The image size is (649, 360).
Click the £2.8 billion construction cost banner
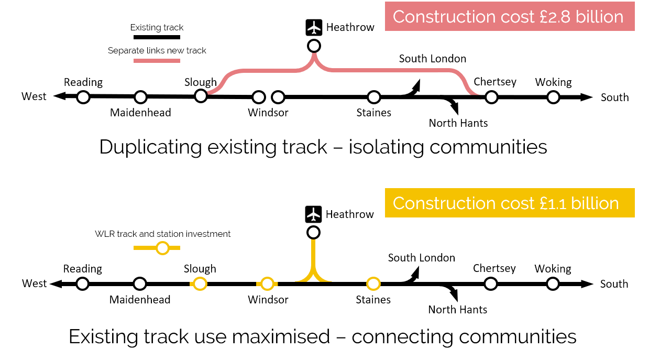[x=509, y=16]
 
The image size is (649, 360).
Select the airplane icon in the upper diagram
[x=314, y=27]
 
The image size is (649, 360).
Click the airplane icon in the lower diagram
[x=313, y=214]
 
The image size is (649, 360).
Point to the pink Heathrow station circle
[x=314, y=46]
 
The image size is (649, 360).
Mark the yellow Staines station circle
[x=373, y=283]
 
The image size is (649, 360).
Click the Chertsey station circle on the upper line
[x=491, y=97]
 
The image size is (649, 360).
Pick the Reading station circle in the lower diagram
[x=82, y=283]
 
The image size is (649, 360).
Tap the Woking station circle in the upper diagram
[x=553, y=97]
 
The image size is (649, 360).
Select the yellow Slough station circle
[x=200, y=283]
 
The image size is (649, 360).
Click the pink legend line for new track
[x=157, y=61]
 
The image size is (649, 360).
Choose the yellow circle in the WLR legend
[x=162, y=248]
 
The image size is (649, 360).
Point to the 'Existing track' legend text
[x=157, y=27]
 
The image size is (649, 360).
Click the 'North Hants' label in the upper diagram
[x=458, y=123]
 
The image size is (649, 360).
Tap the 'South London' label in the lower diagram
[x=421, y=258]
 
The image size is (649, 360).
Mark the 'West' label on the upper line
[x=34, y=96]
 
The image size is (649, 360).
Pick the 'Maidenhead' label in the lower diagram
[x=140, y=300]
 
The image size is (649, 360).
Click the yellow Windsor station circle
[x=267, y=283]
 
